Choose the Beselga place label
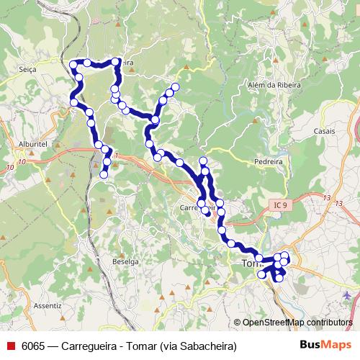tap(125, 262)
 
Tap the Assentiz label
tap(48, 305)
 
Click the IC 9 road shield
tap(280, 206)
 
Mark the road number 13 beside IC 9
tap(328, 197)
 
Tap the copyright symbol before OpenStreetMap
tap(238, 323)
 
